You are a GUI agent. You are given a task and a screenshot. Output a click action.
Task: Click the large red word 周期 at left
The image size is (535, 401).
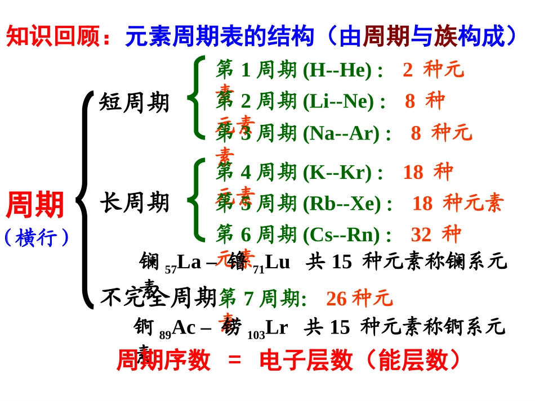click(35, 205)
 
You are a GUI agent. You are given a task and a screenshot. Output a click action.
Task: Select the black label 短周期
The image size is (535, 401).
click(134, 103)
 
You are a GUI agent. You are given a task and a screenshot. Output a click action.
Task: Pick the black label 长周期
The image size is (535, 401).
click(135, 202)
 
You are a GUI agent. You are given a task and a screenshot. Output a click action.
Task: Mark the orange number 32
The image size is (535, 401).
click(421, 234)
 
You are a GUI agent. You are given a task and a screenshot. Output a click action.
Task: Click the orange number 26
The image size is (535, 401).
click(336, 298)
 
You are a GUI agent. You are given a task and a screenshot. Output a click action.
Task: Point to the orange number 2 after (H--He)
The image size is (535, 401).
click(408, 70)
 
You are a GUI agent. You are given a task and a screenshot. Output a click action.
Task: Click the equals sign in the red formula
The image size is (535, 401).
click(234, 361)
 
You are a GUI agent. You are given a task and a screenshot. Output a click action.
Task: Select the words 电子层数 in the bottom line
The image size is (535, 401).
click(306, 361)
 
